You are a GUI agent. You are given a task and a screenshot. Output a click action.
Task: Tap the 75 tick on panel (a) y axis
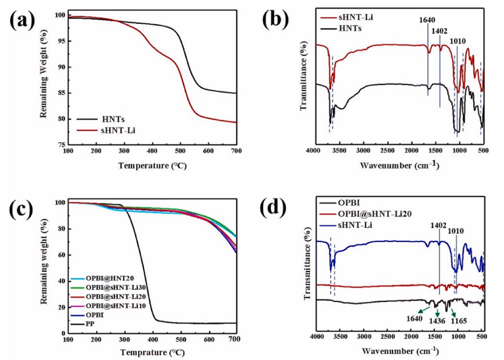click(x=61, y=145)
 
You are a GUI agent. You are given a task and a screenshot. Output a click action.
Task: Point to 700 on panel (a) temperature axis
click(x=236, y=151)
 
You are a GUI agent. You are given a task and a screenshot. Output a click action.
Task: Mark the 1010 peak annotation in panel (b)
click(x=457, y=41)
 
